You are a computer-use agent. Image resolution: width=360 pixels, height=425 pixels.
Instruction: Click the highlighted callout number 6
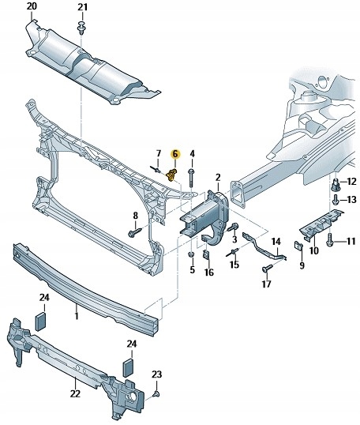click(x=175, y=154)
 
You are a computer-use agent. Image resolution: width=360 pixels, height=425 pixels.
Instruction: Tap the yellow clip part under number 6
click(x=171, y=175)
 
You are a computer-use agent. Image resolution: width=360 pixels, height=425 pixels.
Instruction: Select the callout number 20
click(x=32, y=6)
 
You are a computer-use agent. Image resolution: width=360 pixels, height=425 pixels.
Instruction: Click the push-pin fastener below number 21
click(x=81, y=27)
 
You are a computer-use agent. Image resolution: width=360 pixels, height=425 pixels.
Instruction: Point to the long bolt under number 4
click(x=192, y=177)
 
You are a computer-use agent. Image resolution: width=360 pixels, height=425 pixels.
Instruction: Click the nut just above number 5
click(x=192, y=254)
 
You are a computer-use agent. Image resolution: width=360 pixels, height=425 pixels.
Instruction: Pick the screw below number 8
click(x=135, y=232)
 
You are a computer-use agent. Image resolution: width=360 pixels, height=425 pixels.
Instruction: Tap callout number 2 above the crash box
click(x=218, y=178)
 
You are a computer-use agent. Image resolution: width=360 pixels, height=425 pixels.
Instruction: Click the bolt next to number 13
click(x=336, y=200)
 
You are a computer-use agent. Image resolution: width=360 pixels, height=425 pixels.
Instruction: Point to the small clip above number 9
click(x=298, y=246)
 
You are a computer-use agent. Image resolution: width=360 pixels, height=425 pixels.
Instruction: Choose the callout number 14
click(x=276, y=241)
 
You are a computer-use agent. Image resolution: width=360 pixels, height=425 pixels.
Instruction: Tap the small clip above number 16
click(x=205, y=254)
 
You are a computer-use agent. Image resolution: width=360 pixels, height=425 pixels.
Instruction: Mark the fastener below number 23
click(x=156, y=393)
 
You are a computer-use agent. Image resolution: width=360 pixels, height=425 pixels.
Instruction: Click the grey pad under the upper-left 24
click(x=41, y=322)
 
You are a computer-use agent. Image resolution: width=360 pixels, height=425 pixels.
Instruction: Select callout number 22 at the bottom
click(x=75, y=393)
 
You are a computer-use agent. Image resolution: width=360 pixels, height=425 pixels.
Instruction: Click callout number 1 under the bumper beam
click(x=77, y=315)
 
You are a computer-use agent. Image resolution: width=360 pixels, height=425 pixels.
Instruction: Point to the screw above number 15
click(x=232, y=252)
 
